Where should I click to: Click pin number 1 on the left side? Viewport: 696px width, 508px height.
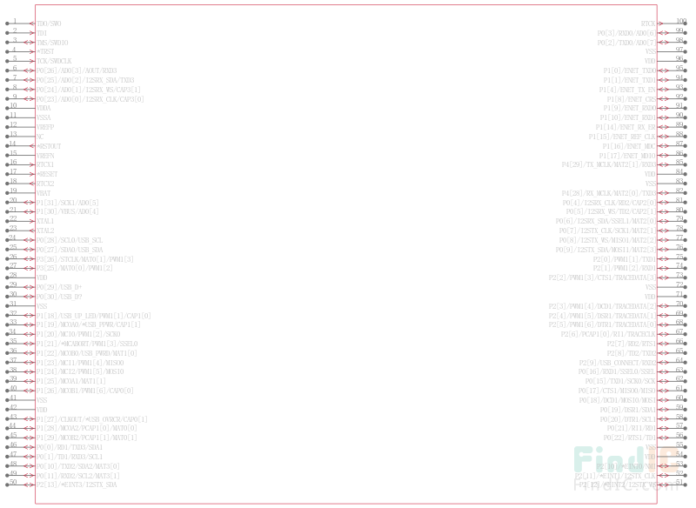14,21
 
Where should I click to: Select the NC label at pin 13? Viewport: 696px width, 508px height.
40,137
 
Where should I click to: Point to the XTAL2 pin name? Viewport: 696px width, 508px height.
45,231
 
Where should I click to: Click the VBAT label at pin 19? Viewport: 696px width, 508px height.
44,193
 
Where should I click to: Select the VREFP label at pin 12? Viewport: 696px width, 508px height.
45,127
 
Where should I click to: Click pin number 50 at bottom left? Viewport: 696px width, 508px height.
13,481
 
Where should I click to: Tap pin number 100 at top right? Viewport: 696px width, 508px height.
680,21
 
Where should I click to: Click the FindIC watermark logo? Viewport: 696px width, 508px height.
626,460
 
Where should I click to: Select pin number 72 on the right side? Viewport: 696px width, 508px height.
680,284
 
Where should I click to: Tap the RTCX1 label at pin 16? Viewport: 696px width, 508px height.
45,164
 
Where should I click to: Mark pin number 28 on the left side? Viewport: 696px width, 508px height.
13,275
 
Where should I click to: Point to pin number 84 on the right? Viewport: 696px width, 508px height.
680,171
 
